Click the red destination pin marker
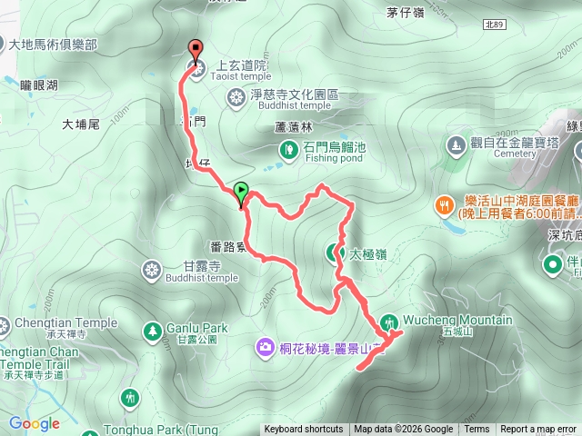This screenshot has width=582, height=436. pos(195,50)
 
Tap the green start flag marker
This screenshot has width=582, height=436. pos(241,192)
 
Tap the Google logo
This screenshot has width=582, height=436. pos(35,423)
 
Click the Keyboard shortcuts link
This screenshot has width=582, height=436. pos(304,430)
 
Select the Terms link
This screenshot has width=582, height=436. pos(477,430)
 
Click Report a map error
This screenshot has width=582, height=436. pos(538,430)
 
